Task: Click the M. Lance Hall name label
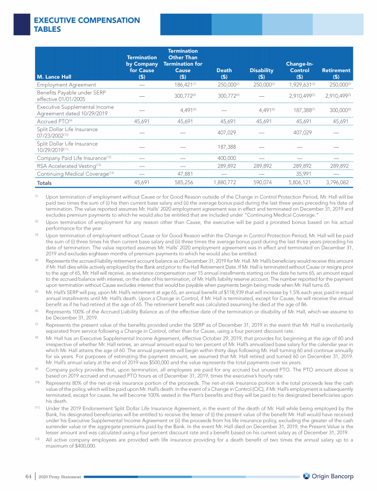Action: (x=54, y=76)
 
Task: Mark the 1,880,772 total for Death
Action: (x=225, y=183)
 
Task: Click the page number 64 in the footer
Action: (x=28, y=476)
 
